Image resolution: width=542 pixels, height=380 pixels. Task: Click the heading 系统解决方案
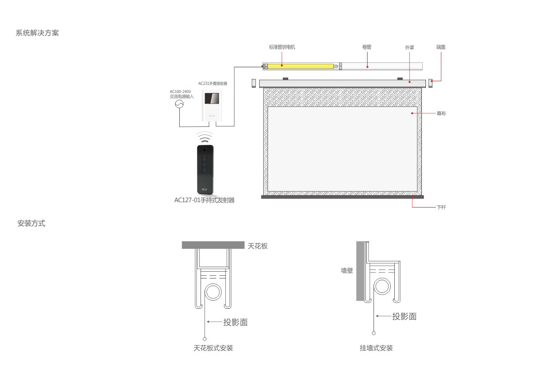click(37, 33)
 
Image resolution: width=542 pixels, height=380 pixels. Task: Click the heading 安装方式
click(31, 223)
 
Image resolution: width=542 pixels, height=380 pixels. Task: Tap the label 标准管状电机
click(282, 47)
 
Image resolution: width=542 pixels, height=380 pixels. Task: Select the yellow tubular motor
click(300, 66)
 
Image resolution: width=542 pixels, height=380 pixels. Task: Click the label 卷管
click(367, 47)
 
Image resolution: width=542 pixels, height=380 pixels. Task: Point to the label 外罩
click(409, 48)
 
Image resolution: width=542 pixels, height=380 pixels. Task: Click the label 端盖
click(441, 47)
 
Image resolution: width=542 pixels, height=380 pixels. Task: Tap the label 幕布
click(441, 113)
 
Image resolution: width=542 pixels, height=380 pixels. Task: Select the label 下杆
click(441, 207)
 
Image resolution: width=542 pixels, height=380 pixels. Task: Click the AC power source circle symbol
click(179, 104)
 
